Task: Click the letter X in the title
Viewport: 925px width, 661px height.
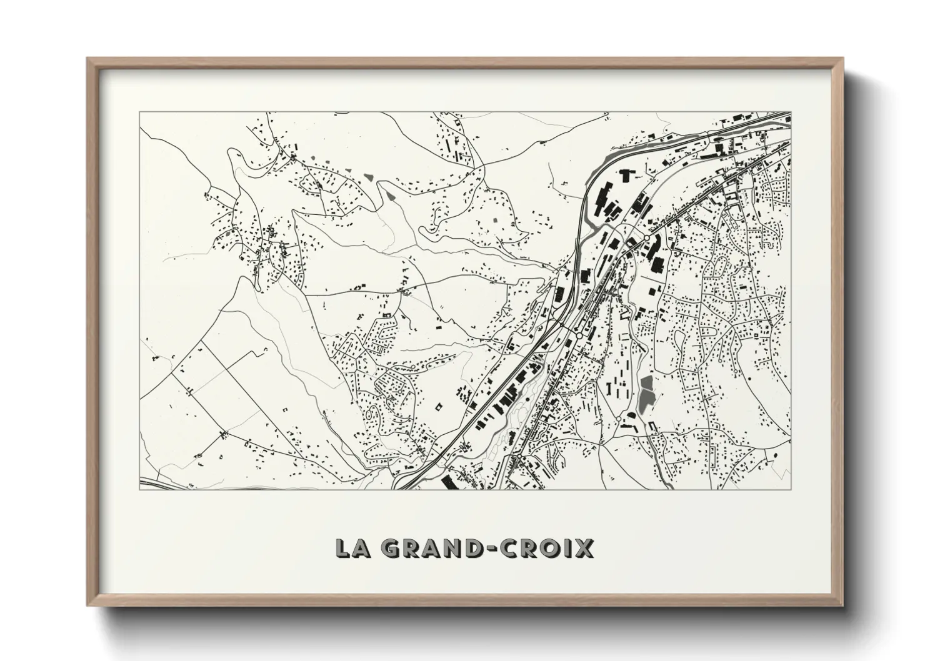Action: click(x=583, y=548)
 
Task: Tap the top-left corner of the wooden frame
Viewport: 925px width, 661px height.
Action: click(x=87, y=59)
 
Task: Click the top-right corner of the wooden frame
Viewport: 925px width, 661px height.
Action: click(x=842, y=59)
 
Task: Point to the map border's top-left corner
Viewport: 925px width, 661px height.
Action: click(x=140, y=112)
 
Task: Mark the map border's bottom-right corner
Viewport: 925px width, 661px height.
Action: click(x=791, y=489)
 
